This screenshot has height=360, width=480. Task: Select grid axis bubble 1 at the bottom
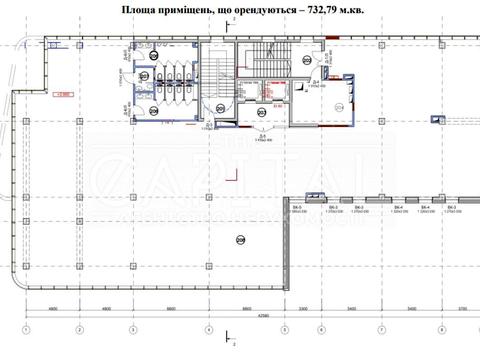[29, 329]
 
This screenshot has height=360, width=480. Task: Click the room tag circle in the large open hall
[240, 239]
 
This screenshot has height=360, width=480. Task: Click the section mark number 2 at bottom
[233, 353]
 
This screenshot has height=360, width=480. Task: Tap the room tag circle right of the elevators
[339, 107]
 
